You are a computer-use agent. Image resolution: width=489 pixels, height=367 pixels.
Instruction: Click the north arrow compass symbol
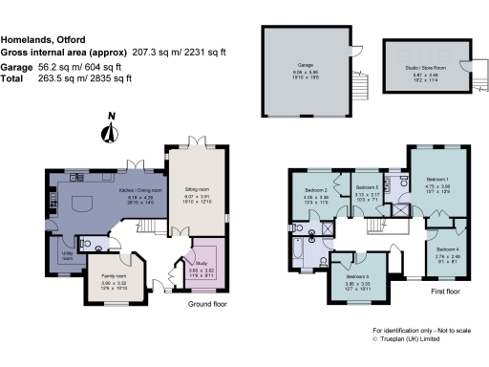111,131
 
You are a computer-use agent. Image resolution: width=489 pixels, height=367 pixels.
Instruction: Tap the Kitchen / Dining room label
140,190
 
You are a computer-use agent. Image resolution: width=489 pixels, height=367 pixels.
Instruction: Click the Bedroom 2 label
317,189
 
